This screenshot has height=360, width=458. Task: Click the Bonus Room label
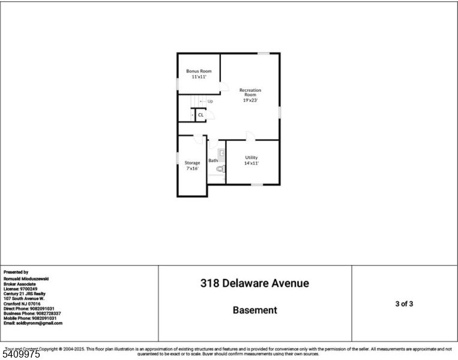[x=198, y=71]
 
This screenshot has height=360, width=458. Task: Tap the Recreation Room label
[x=250, y=92]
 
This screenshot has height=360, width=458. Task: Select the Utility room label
[x=251, y=157]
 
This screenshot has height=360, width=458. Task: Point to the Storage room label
[x=192, y=163]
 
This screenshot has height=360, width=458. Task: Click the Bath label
[x=213, y=160]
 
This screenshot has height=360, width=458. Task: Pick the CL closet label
[x=200, y=115]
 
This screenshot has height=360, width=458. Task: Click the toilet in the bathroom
[x=219, y=169]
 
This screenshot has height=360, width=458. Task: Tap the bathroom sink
[x=220, y=153]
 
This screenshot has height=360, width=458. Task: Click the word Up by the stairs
[x=210, y=101]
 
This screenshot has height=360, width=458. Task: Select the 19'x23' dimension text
[x=250, y=100]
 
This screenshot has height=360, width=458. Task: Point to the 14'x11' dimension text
[x=251, y=163]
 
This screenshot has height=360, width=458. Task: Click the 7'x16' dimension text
[x=192, y=169]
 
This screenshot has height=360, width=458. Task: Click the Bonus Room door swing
[x=223, y=88]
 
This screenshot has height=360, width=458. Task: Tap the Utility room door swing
[x=250, y=136]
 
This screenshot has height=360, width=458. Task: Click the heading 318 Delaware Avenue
[x=255, y=283]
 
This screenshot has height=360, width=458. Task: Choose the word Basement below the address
[x=255, y=310]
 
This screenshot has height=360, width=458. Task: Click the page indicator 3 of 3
[x=404, y=304]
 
